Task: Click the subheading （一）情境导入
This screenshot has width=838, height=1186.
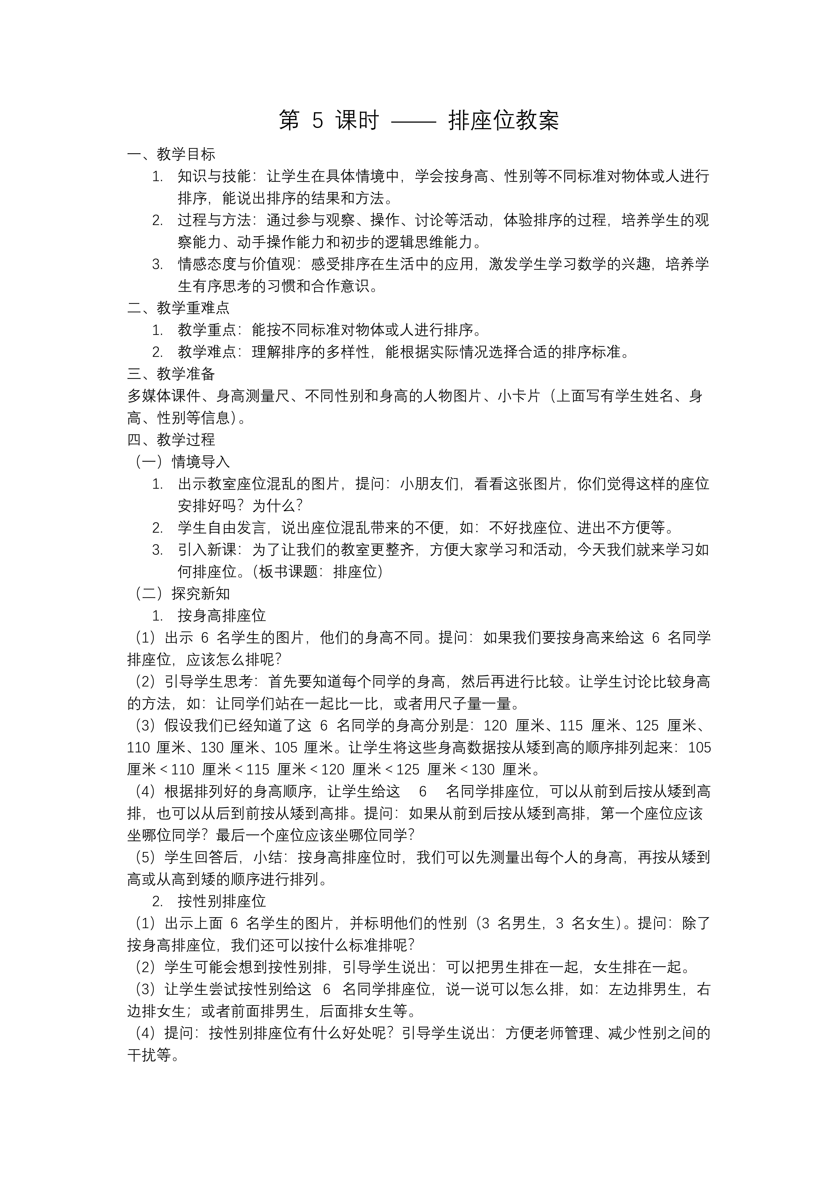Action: coord(182,462)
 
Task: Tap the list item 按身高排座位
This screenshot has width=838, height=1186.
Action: coord(222,616)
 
